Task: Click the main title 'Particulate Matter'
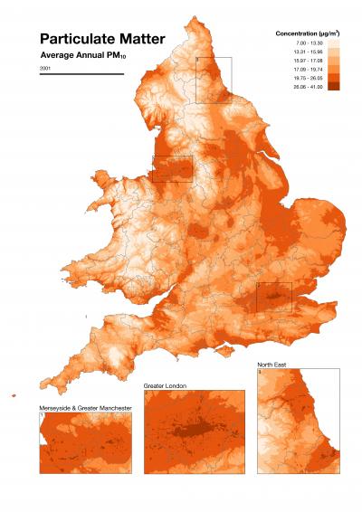[x=102, y=39]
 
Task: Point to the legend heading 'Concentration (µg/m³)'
[x=307, y=33]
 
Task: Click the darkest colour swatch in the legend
[x=333, y=86]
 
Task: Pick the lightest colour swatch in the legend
[x=333, y=43]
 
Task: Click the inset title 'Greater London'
[x=166, y=386]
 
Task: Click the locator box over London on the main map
[x=273, y=297]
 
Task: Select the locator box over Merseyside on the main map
[x=172, y=168]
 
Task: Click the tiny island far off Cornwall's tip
[x=15, y=394]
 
